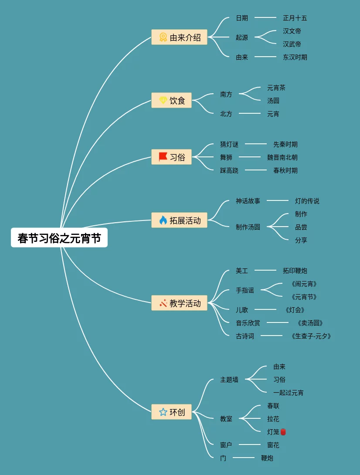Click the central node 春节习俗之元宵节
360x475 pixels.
point(59,238)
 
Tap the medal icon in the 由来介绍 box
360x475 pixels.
point(163,37)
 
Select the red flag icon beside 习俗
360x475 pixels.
point(163,157)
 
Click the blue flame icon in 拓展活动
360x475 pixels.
point(163,220)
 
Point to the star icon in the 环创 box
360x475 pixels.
point(163,412)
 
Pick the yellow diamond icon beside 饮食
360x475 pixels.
point(163,100)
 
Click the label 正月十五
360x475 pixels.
point(295,18)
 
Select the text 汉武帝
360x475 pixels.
point(292,44)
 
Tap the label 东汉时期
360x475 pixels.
point(295,57)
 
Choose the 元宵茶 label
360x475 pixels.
point(276,88)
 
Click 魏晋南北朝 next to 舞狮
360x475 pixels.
point(282,157)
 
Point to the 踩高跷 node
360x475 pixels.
point(229,170)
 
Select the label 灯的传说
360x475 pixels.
point(307,201)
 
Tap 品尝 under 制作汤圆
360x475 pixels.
point(301,227)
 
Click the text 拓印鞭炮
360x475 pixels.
point(295,271)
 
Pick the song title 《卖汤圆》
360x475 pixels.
point(310,323)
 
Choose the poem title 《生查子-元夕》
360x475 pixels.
point(311,336)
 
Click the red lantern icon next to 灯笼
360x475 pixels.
point(283,432)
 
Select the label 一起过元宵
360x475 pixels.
point(289,393)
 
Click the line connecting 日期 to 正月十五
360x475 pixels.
point(265,18)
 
